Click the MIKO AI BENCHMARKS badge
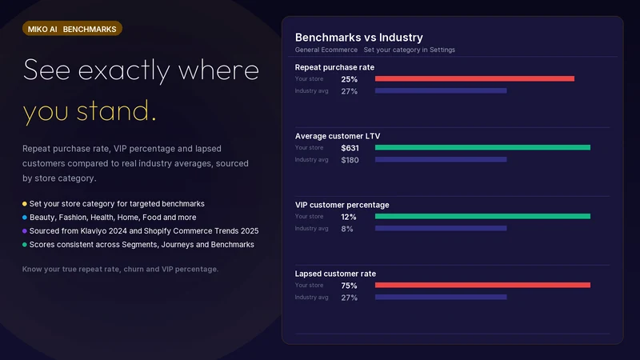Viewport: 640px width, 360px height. pos(72,29)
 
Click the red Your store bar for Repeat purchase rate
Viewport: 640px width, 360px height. pos(474,78)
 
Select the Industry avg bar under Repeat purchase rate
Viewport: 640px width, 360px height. pos(441,90)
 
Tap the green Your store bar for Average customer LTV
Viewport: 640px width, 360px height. pos(483,147)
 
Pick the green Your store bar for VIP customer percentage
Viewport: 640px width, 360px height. pos(483,216)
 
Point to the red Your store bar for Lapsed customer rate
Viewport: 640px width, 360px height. pos(483,285)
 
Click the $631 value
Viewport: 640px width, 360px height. pos(350,148)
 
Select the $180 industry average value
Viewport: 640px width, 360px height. pos(350,160)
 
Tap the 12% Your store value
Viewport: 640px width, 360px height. pos(349,217)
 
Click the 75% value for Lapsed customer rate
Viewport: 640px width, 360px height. pos(349,286)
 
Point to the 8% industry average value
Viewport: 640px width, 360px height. pos(347,229)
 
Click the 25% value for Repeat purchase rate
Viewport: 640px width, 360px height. pos(350,79)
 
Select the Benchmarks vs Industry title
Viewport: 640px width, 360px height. pos(358,37)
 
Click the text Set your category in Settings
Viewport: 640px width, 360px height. pos(410,50)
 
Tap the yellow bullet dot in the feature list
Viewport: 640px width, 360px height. pos(25,204)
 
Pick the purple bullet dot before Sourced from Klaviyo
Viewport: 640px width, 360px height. pos(25,231)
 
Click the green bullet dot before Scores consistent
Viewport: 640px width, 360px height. pos(25,245)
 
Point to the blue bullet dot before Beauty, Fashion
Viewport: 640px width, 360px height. pos(25,217)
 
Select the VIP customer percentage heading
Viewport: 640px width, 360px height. pos(342,205)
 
